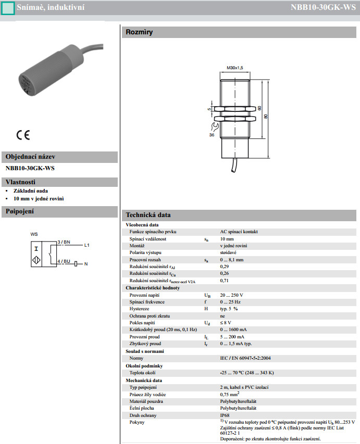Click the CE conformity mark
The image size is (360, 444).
tap(23, 135)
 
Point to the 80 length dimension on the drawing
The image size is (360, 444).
tap(266, 117)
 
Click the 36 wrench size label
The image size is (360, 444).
tap(212, 135)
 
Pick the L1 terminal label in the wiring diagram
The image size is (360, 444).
tap(87, 245)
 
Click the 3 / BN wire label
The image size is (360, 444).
tap(64, 242)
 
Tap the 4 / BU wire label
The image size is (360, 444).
tap(64, 261)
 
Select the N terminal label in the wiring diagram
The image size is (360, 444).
tap(86, 264)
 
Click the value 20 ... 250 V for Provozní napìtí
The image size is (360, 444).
tap(231, 295)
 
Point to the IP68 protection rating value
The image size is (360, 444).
tap(225, 415)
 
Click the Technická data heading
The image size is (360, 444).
tap(148, 215)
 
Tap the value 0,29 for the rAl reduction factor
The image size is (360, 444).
tap(225, 267)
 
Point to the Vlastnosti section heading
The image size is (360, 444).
tap(20, 182)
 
